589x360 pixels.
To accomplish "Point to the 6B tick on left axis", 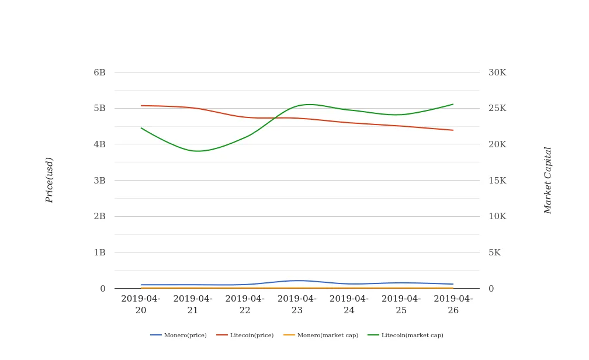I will click(99, 72).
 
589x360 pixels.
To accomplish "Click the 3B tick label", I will click(99, 181).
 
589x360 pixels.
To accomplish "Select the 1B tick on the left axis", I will click(99, 252).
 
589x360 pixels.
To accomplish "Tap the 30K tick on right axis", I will click(497, 72).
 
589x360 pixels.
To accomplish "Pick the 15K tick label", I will click(497, 181).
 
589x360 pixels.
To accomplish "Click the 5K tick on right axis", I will click(494, 252).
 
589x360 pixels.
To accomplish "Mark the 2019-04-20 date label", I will click(141, 304).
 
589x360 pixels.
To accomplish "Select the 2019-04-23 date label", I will click(297, 304).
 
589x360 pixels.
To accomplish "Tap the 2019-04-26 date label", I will click(453, 304).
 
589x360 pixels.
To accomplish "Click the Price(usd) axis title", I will click(50, 180).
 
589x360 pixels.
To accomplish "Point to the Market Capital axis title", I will click(548, 180).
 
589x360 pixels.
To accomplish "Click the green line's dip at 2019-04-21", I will click(196, 151).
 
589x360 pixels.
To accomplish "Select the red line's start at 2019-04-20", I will click(141, 106).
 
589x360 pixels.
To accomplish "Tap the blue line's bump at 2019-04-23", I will click(297, 281).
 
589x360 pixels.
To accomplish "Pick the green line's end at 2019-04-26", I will click(453, 105).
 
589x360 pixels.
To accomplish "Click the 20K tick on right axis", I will click(497, 144).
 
